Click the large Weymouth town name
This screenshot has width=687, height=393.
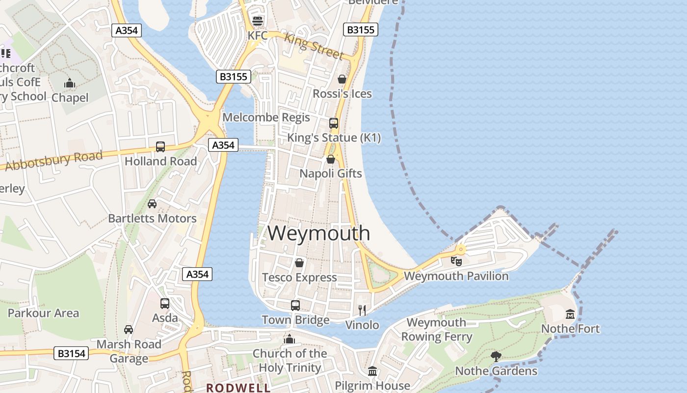coord(318,233)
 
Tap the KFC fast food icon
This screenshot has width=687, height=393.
coord(258,21)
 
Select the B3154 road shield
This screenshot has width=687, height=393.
coord(72,353)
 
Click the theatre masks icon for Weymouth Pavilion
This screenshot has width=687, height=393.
coord(456,261)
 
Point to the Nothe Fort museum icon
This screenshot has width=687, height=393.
coord(570,314)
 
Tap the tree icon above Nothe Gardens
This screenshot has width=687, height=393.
coord(496,356)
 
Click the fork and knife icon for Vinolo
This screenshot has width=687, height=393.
coord(362,310)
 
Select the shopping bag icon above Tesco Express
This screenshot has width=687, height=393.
coord(299,263)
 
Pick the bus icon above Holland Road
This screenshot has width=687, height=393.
coord(160,146)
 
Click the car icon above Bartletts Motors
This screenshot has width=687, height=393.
coord(152,203)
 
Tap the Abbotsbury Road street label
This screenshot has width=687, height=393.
coord(53,160)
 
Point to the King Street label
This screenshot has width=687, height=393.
coord(314,45)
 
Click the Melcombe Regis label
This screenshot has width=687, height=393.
coord(266,117)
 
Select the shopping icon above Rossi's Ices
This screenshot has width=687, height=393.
coord(342,79)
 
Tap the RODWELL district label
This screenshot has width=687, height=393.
coord(238,388)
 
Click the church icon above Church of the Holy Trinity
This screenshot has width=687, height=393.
coord(290,339)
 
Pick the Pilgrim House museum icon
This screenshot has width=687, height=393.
coord(372,371)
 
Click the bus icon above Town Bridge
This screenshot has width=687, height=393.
coord(295,305)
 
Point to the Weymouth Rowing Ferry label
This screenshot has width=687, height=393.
coord(436,330)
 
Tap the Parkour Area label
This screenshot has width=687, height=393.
coord(43,313)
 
